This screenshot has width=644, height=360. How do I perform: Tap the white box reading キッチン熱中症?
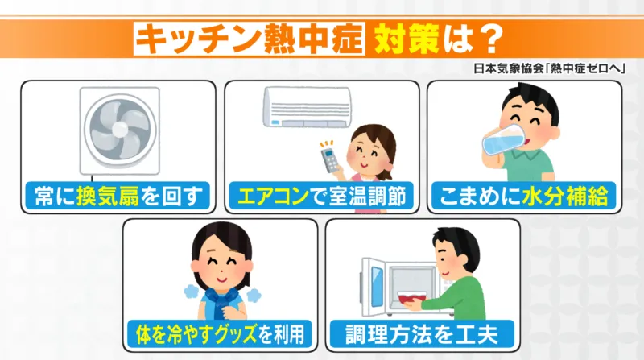249,39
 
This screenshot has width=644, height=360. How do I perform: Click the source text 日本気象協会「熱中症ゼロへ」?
549,68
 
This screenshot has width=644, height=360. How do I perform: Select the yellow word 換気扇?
108,196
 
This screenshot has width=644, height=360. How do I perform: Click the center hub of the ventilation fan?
119,129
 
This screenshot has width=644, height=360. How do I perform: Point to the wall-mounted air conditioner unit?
308,107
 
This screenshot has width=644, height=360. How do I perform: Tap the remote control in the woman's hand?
330,161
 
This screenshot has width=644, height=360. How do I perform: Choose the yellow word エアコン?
274,197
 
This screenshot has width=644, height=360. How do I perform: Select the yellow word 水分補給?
565,197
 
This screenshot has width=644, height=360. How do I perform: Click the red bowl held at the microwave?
411,298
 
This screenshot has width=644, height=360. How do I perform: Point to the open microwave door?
372,287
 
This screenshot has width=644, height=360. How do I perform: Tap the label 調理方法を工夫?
422,334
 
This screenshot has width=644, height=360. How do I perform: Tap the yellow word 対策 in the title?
406,39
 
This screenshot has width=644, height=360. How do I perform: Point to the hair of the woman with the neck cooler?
222,242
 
